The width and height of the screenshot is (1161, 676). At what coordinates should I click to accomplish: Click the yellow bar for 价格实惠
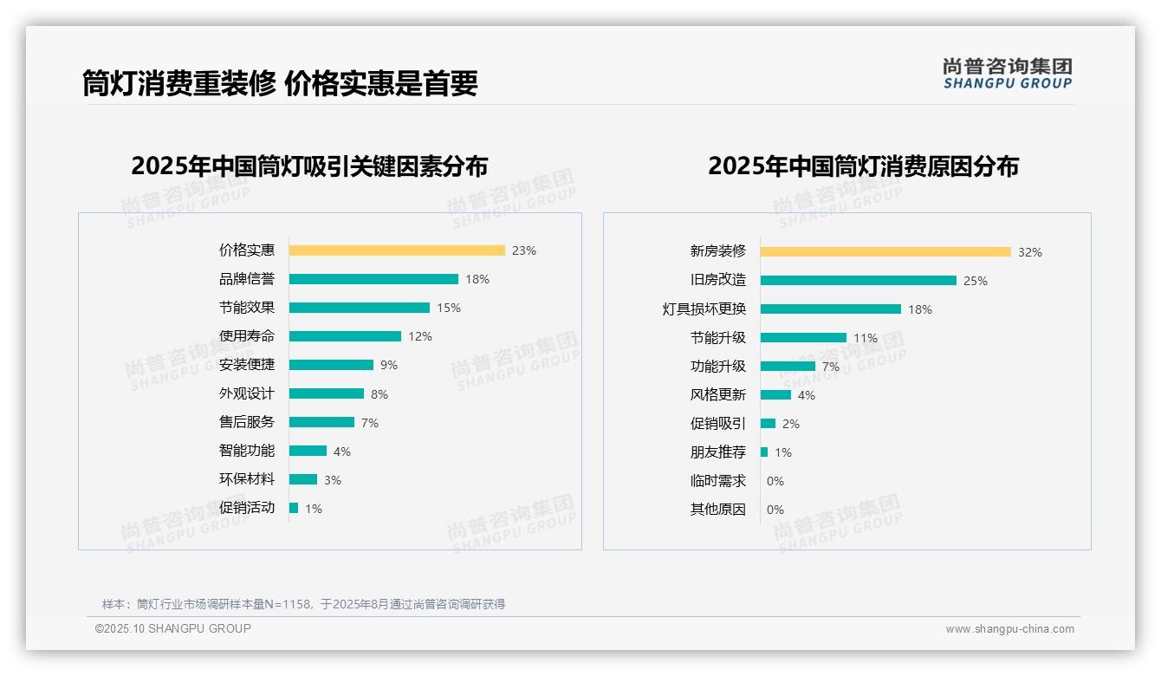pos(396,250)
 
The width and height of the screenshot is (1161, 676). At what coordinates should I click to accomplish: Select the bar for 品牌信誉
pos(373,279)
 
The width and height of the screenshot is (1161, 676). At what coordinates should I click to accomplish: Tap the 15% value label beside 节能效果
pos(449,308)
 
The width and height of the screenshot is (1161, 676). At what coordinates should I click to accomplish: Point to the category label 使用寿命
pos(246,336)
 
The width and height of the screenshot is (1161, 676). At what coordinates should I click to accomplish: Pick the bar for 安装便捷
pos(331,365)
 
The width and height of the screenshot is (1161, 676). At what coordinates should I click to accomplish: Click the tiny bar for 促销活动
pos(294,508)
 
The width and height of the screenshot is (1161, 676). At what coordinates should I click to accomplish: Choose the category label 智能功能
pos(246,451)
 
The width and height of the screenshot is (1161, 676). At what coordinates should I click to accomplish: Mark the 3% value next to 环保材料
pos(333,480)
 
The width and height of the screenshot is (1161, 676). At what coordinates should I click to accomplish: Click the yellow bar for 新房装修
pos(885,252)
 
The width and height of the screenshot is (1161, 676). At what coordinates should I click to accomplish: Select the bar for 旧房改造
pos(858,281)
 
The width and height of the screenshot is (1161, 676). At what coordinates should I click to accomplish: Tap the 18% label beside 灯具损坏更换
pos(920,309)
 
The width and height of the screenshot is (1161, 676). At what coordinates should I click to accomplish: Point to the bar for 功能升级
pos(788,367)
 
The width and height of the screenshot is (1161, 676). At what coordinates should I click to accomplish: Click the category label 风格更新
pos(717,395)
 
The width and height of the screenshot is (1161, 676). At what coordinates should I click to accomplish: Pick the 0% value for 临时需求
pos(775,481)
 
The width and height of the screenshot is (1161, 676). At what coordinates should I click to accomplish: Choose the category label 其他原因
pos(717,510)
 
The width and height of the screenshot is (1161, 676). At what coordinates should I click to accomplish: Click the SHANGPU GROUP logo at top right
pos(1007,74)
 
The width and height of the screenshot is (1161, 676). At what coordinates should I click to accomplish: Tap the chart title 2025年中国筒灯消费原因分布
pos(863,166)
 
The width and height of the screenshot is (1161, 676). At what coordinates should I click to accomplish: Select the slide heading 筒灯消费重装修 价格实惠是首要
pos(280,83)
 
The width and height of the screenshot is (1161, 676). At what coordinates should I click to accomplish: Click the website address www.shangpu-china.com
pos(1009,629)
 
